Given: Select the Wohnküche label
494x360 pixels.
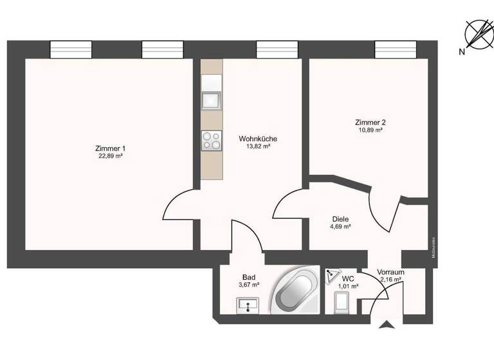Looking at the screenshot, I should click(258, 138).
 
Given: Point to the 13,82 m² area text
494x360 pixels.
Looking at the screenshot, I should click(258, 147).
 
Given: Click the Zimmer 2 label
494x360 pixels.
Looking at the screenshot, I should click(370, 122).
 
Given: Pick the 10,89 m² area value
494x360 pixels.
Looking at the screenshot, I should click(370, 130).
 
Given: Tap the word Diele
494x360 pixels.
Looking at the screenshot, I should click(340, 219).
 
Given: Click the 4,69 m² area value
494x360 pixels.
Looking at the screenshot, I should click(340, 226).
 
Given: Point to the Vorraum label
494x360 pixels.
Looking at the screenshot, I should click(390, 272).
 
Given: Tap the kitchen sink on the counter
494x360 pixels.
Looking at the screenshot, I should click(211, 101).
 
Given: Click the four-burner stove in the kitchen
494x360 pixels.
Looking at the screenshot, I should click(211, 140).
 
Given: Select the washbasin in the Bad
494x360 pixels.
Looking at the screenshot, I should click(247, 305).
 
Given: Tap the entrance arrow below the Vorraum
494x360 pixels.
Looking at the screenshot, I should click(387, 325).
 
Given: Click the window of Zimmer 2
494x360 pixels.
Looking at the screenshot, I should click(396, 50).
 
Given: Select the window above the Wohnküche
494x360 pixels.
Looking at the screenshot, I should click(277, 50).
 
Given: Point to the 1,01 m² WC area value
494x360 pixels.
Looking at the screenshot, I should click(348, 287).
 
